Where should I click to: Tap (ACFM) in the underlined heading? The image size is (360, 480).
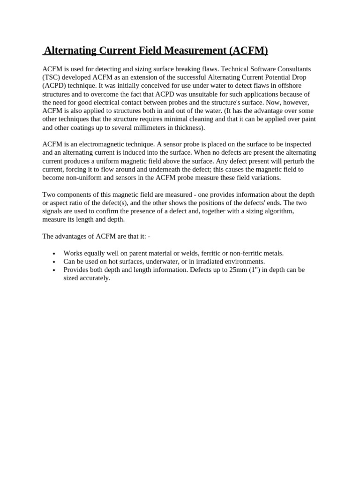point(248,51)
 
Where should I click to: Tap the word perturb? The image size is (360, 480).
point(291,161)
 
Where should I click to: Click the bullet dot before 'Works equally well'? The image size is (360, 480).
point(55,254)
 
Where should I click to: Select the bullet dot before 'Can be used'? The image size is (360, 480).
point(55,262)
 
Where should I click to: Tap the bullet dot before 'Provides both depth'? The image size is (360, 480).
point(55,270)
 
